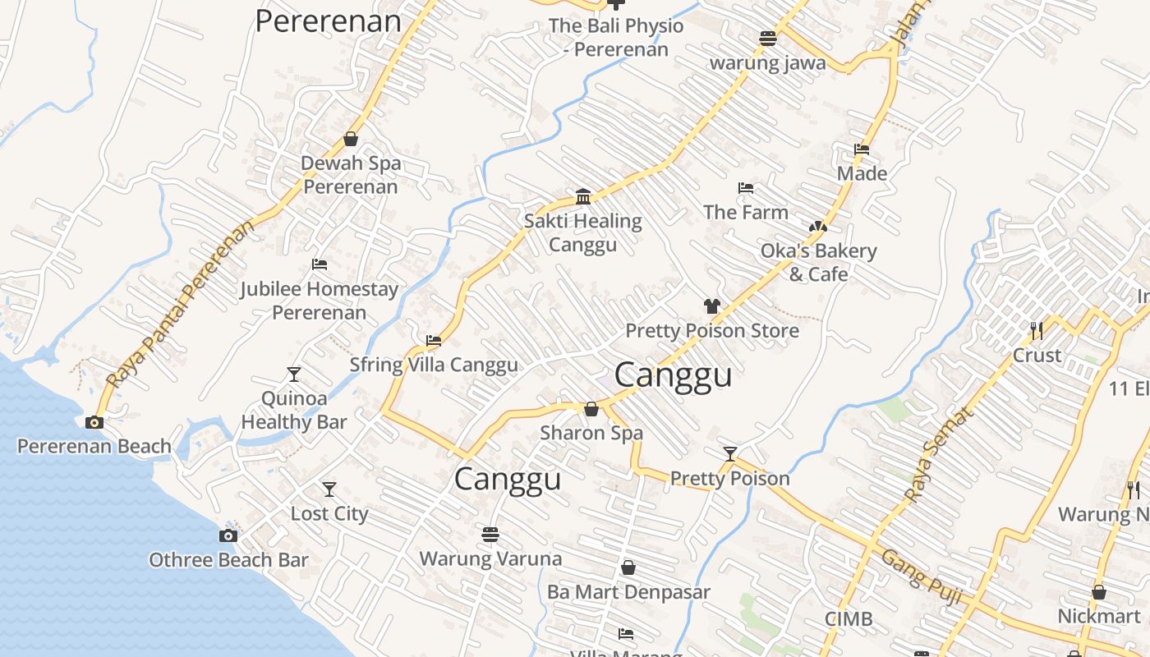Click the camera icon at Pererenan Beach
coord(94,422)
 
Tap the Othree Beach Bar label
coord(228,560)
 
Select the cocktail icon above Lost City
coord(329,489)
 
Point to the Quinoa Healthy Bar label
coord(294,411)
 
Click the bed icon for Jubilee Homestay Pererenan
coord(320,264)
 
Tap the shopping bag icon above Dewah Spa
coord(351,139)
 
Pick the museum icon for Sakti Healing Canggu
coord(583,196)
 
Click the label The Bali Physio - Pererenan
coord(616,38)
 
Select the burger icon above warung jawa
coord(768,39)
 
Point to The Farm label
coord(746,212)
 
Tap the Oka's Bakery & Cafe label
coord(819,262)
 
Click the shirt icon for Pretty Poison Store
coord(711,306)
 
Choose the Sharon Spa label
coord(591,433)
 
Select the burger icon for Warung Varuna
coord(490,535)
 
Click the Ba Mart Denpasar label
coord(628,591)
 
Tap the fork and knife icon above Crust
coord(1037,330)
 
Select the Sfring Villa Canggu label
coord(434,365)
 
